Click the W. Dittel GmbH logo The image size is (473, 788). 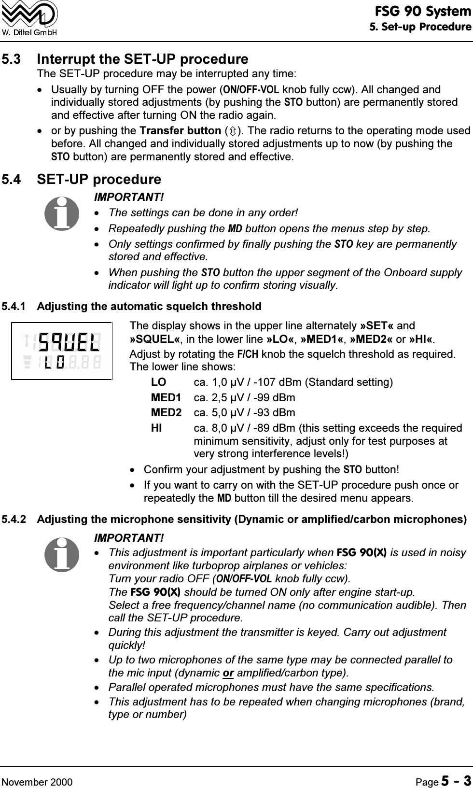click(x=29, y=18)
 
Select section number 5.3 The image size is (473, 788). click(x=11, y=59)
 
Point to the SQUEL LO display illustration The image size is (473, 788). click(x=62, y=351)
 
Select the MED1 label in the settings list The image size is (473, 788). click(x=166, y=398)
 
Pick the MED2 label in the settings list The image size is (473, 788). click(x=166, y=413)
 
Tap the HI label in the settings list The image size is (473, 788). click(x=156, y=428)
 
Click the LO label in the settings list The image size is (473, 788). click(x=159, y=382)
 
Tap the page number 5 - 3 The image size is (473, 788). click(x=454, y=768)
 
